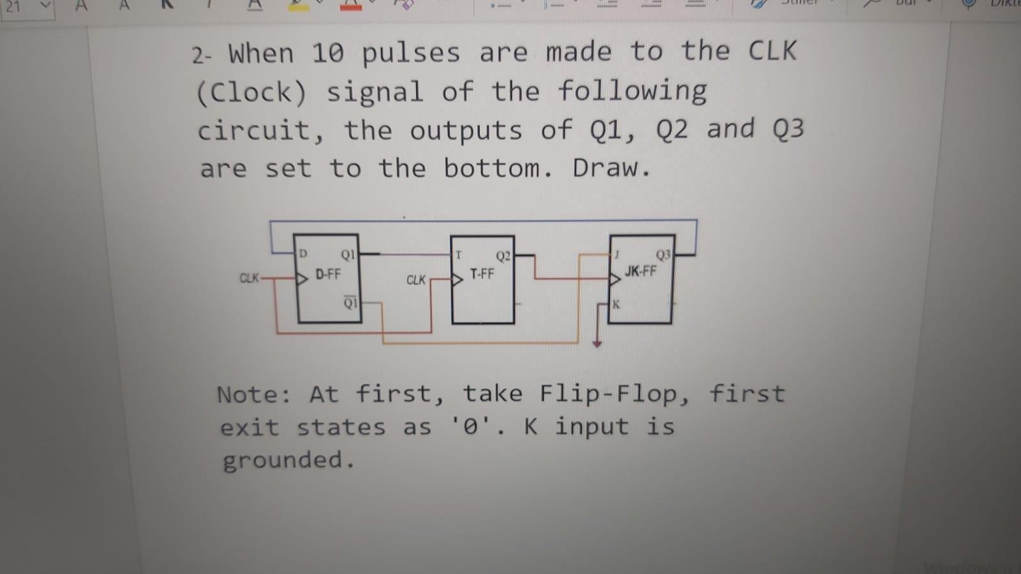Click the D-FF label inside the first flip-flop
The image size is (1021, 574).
tap(328, 275)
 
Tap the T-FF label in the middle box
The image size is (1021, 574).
tap(482, 274)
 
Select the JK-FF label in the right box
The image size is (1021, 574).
tap(640, 271)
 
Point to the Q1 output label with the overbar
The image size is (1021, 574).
tap(350, 302)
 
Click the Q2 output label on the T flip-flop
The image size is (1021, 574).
tap(503, 256)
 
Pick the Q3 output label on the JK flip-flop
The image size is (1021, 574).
tap(663, 255)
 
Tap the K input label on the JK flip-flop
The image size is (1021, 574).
tap(616, 304)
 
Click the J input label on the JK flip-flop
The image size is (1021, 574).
tap(617, 254)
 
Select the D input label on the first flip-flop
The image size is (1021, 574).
tap(303, 254)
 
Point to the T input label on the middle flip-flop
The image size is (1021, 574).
tap(458, 255)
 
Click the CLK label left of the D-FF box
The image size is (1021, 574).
tap(249, 278)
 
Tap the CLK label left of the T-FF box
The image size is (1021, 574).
tap(415, 280)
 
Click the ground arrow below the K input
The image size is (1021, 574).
tap(597, 342)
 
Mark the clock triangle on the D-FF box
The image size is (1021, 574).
tap(302, 278)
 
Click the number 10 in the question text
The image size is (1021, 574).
tap(327, 54)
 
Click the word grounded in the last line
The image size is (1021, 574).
tap(287, 460)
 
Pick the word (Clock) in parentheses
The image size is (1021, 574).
tap(251, 93)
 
